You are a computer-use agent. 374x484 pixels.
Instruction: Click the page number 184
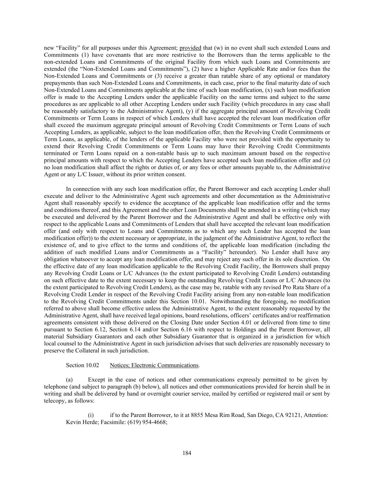[x=187, y=453]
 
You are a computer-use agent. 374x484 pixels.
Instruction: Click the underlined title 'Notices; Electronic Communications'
[x=154, y=365]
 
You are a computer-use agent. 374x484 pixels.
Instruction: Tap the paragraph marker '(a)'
[x=70, y=379]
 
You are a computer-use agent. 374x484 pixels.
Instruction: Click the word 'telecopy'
[x=54, y=401]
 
